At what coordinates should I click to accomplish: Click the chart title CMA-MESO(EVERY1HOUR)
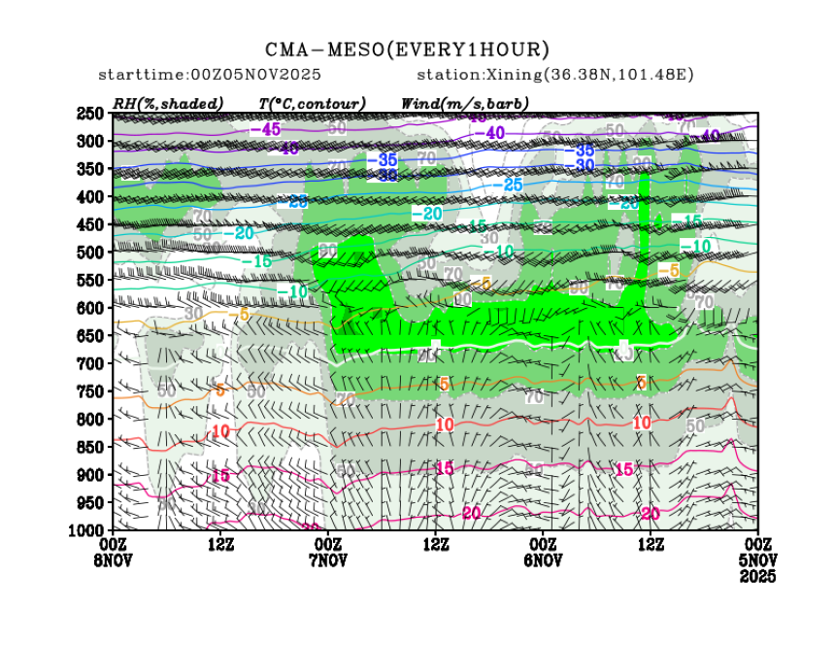point(407,50)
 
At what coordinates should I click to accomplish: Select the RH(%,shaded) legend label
point(168,103)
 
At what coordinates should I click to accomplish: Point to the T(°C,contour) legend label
point(313,103)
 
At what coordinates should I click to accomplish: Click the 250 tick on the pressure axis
point(91,114)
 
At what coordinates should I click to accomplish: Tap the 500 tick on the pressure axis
point(91,253)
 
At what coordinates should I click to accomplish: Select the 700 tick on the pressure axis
point(91,363)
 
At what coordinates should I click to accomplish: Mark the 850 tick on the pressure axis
point(91,447)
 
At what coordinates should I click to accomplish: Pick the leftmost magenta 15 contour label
point(220,475)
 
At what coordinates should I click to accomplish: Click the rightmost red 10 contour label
point(642,423)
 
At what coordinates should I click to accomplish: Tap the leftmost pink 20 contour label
point(473,513)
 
